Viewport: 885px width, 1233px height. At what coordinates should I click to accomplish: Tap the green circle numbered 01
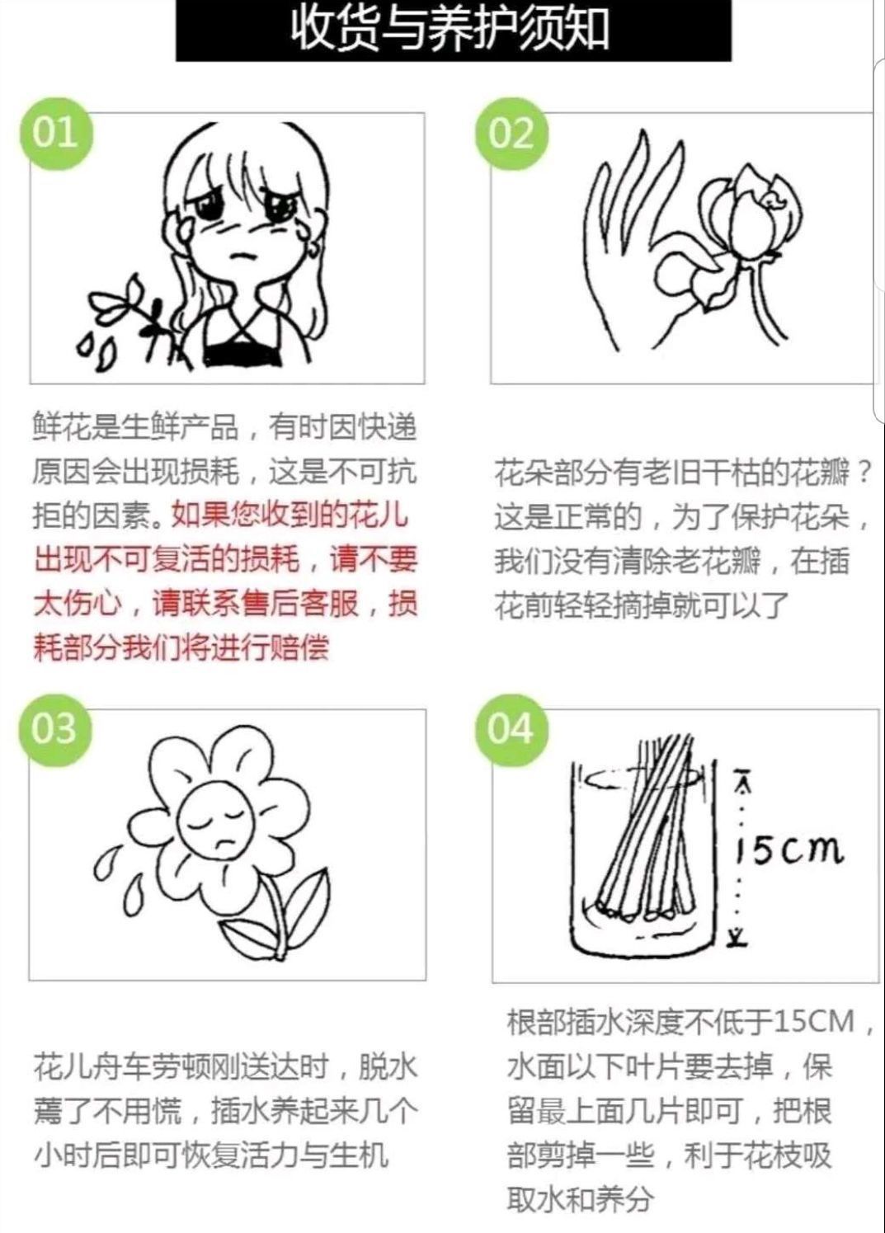tap(55, 134)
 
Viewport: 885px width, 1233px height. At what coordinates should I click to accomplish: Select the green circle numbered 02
tap(512, 134)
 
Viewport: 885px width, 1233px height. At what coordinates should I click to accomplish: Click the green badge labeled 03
tap(54, 729)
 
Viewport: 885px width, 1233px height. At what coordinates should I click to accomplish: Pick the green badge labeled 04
tap(511, 729)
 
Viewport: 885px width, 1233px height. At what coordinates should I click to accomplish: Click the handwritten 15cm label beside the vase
tap(788, 849)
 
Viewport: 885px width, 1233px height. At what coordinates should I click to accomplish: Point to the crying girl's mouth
tap(241, 256)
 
